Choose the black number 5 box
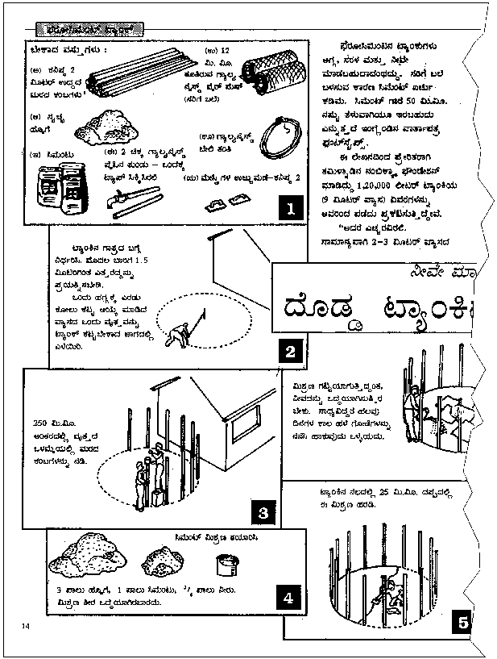click(x=462, y=622)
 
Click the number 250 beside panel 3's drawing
click(x=41, y=423)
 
